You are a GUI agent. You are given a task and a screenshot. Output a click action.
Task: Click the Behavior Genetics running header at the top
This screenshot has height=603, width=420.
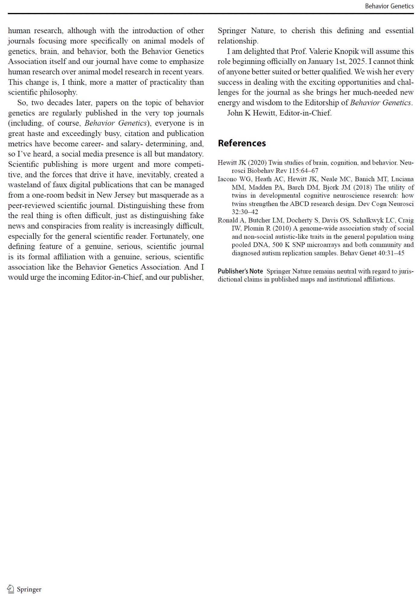[x=389, y=6]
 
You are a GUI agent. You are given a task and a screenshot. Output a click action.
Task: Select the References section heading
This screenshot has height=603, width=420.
[x=242, y=143]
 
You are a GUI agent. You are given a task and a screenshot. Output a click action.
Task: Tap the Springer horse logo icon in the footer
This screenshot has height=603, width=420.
[x=11, y=589]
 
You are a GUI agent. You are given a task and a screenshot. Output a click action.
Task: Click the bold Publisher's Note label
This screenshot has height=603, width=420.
[x=240, y=271]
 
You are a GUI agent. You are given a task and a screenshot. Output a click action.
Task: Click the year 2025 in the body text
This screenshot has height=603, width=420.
[x=357, y=62]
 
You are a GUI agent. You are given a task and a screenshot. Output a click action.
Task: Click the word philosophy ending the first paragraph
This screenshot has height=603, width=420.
[x=58, y=92]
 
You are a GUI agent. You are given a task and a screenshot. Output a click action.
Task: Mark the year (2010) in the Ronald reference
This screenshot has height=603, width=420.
[x=282, y=229]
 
